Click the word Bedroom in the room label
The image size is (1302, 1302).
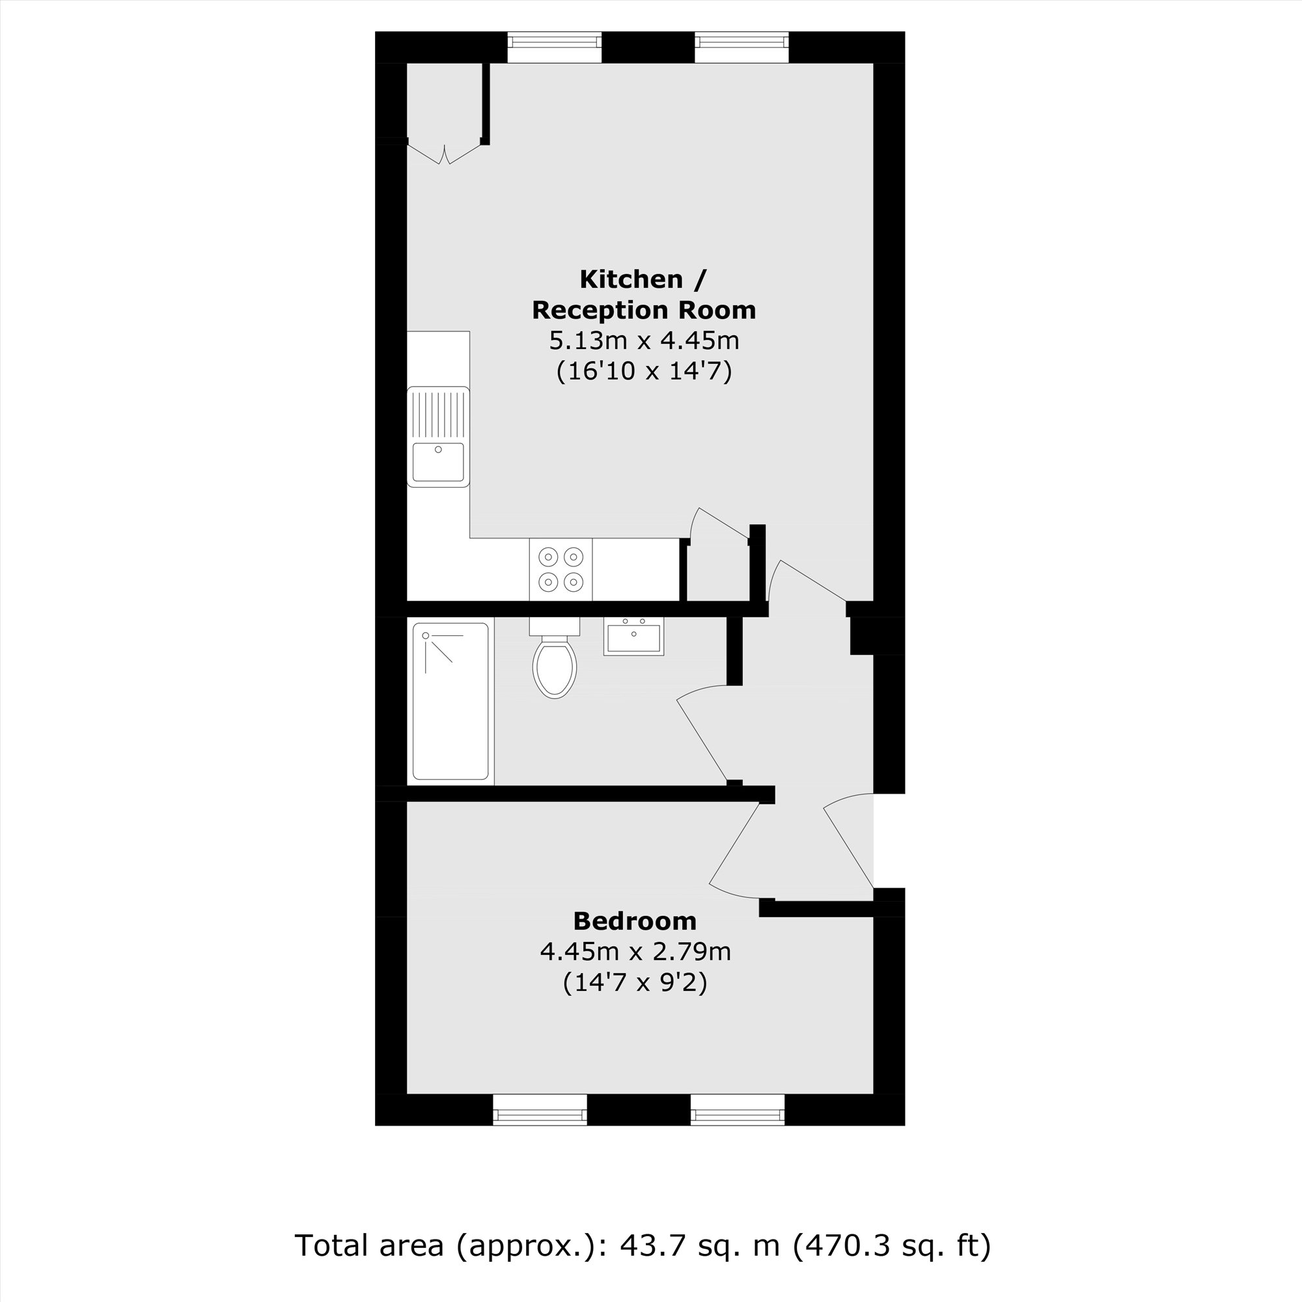[635, 921]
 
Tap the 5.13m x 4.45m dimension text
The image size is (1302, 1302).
[644, 341]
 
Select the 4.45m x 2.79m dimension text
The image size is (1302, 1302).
[635, 952]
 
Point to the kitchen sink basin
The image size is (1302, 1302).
[438, 462]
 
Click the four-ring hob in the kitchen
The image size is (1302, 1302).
[561, 569]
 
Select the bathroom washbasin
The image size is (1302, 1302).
[633, 637]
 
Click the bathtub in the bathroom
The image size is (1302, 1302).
[451, 701]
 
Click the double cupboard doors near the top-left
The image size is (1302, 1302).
[444, 154]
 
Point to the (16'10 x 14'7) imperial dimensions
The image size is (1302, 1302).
[644, 372]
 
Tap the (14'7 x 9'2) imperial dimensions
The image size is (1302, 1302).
[635, 982]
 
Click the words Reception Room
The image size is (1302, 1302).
[644, 310]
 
